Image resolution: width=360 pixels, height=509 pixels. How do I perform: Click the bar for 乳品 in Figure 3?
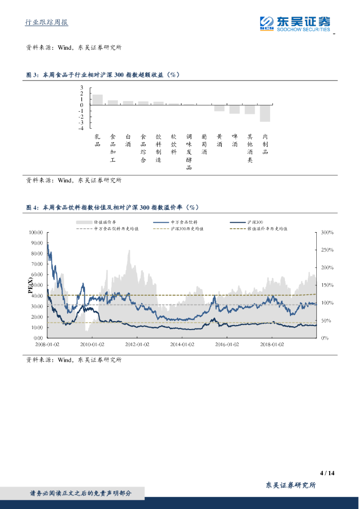click(97, 99)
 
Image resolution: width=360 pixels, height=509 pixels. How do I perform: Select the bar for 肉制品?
click(265, 113)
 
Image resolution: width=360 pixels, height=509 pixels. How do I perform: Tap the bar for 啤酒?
click(235, 109)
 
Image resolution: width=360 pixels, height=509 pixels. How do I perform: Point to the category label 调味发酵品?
click(189, 152)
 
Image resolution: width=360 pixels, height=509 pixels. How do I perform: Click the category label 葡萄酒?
click(204, 144)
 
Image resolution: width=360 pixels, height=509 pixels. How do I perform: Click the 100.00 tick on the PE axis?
click(36, 232)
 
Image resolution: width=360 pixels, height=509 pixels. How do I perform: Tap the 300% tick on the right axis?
click(327, 232)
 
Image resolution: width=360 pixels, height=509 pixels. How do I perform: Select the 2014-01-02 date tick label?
click(182, 344)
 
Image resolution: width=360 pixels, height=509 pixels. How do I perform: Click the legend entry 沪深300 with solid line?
click(253, 222)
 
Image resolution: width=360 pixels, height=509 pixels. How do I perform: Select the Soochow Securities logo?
click(295, 23)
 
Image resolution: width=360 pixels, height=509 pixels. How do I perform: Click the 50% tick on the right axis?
click(326, 321)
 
